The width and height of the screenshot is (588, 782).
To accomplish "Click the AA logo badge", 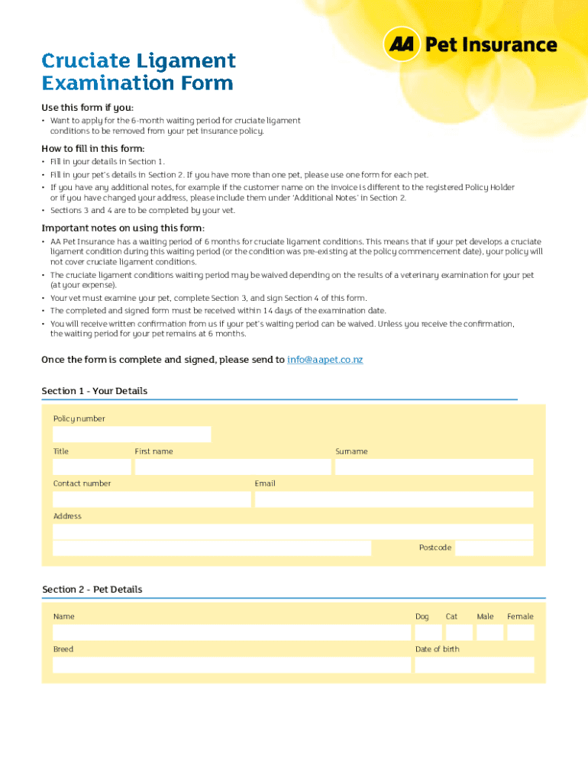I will point(401,45).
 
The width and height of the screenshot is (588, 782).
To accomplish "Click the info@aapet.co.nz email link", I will point(325,359).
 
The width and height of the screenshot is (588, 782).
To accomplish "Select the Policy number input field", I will point(131,435).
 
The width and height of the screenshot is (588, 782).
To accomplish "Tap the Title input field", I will point(92,467).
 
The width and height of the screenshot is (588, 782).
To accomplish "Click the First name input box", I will point(232,467).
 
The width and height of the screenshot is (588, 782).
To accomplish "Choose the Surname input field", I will point(434,467).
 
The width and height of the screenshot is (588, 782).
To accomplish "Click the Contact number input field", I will point(151,499).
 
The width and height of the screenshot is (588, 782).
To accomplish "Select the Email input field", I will point(394,499).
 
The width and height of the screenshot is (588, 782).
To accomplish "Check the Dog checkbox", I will point(428,632).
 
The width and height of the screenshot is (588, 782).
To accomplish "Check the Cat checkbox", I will point(459,632).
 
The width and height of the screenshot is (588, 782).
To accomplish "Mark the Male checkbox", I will point(489,632).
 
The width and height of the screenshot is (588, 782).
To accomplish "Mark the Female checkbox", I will point(521,632).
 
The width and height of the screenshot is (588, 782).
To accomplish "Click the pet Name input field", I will point(231,632).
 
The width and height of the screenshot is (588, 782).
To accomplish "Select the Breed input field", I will point(231,664).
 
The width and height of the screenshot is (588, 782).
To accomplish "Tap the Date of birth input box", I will point(474,664).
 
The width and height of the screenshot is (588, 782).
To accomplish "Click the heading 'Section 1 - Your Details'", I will point(95,391).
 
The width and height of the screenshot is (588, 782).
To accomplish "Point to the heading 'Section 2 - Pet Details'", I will point(92,590).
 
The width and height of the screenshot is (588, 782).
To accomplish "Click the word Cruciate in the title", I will point(87,60).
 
